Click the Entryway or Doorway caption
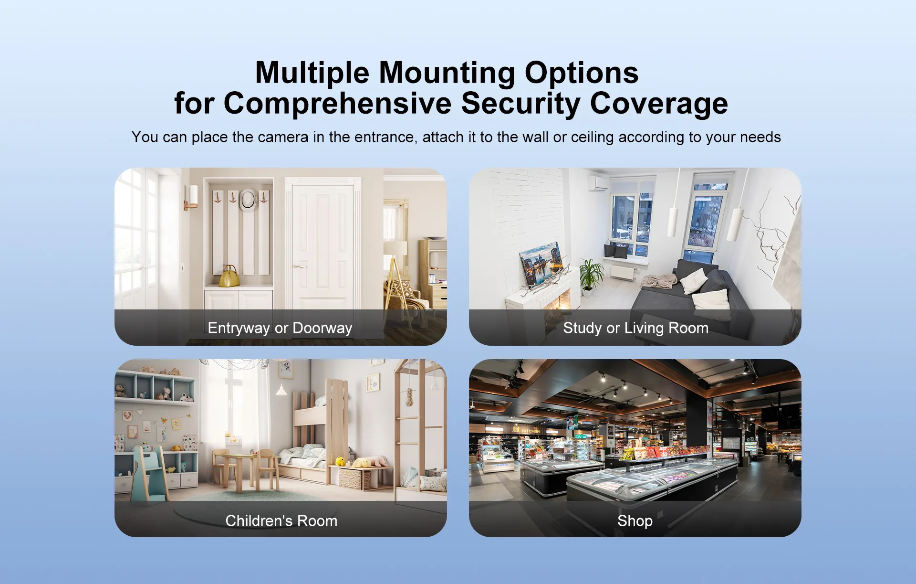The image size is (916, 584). [x=280, y=328]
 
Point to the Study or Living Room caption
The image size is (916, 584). [x=635, y=328]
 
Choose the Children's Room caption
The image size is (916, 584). [x=281, y=520]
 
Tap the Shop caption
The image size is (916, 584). [x=635, y=521]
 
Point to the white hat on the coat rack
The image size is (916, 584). [x=248, y=199]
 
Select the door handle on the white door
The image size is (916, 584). [x=299, y=266]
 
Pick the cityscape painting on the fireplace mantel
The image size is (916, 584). [x=542, y=265]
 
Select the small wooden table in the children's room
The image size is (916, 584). [x=244, y=471]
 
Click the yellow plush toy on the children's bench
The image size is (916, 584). [x=341, y=461]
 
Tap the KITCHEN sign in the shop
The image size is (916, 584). [x=531, y=431]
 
